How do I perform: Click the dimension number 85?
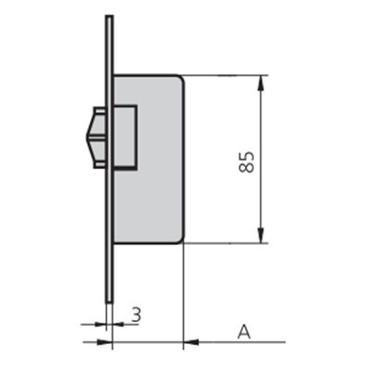click(x=247, y=161)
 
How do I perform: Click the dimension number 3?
click(x=137, y=315)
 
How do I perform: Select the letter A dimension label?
click(x=244, y=332)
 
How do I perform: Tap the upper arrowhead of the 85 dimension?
click(x=261, y=83)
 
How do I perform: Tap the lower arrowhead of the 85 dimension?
click(x=261, y=236)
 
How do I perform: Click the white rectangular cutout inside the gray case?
click(x=125, y=137)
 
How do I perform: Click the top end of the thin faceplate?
click(x=109, y=16)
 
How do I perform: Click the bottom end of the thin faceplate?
click(x=109, y=302)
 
